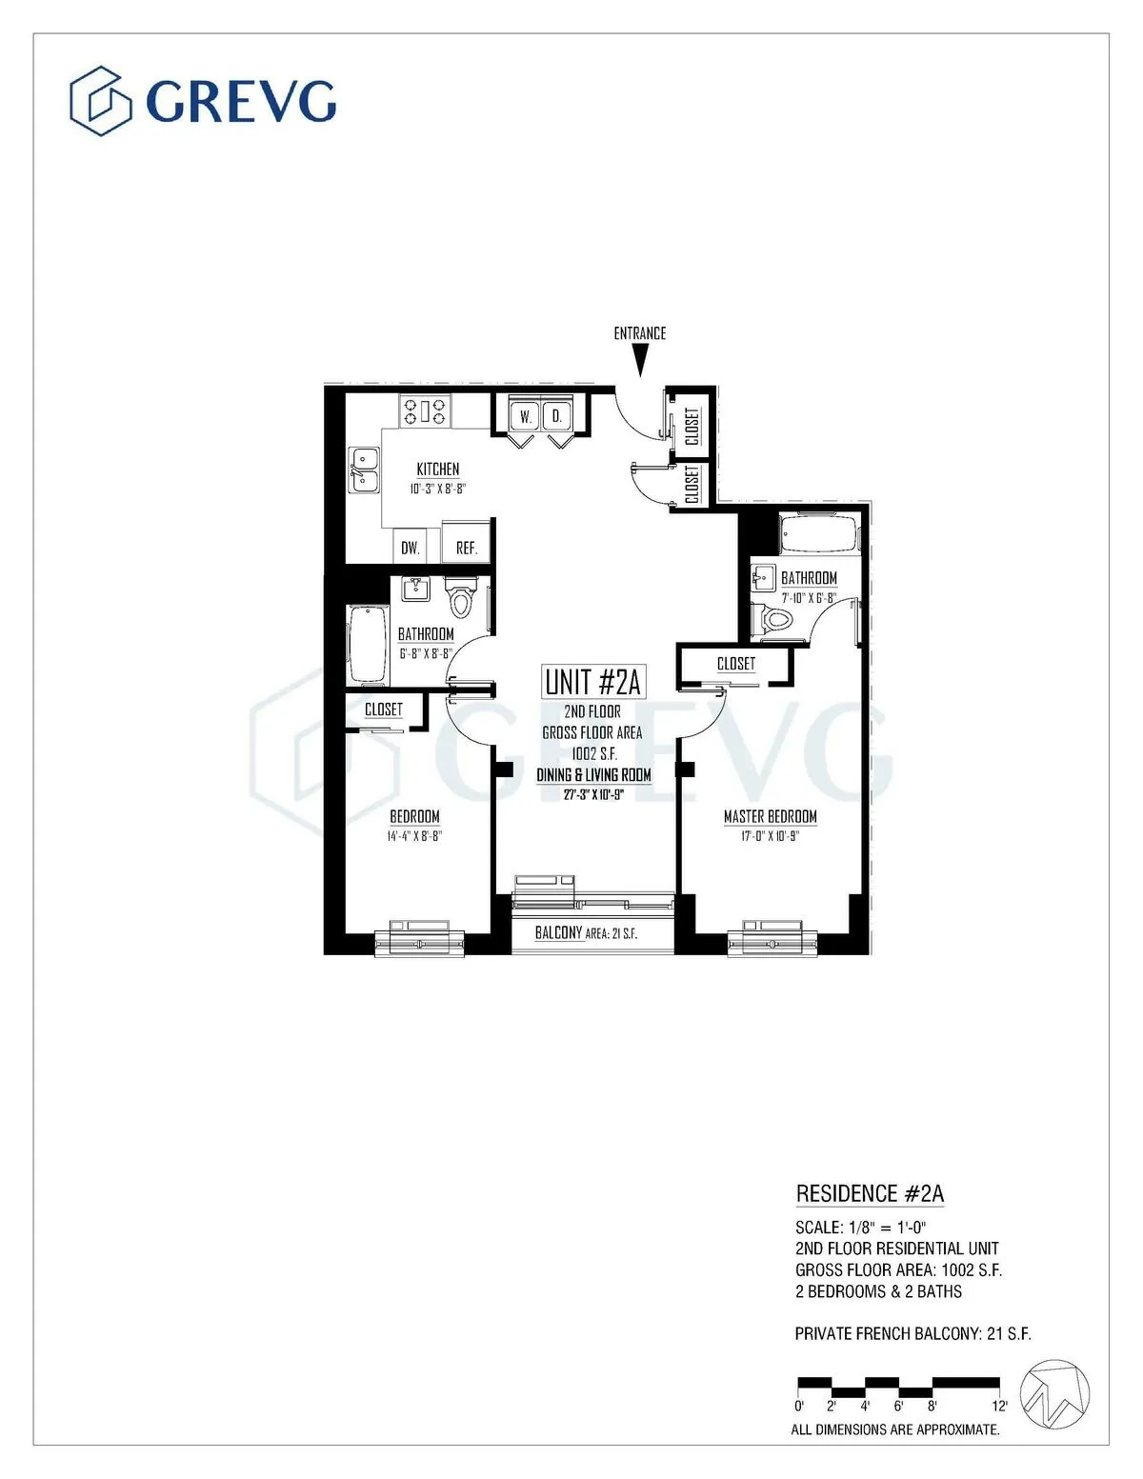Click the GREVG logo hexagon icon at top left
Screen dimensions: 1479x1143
[x=100, y=100]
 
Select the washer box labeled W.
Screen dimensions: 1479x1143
[x=525, y=416]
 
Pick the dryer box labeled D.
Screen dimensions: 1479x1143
[x=557, y=416]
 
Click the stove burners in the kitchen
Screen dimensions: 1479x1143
[x=425, y=410]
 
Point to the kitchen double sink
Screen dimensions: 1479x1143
[x=364, y=470]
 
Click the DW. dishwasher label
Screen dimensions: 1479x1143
[x=410, y=548]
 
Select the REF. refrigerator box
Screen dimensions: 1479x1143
[x=466, y=548]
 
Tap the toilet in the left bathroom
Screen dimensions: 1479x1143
[x=460, y=599]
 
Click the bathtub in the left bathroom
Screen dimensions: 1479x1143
[x=367, y=645]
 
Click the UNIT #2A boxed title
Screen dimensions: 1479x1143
[x=592, y=682]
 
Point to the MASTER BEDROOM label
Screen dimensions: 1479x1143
[x=770, y=816]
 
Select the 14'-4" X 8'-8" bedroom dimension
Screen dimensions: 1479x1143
[x=414, y=836]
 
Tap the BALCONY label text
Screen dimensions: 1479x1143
[x=558, y=932]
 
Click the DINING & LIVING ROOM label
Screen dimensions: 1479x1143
[x=593, y=775]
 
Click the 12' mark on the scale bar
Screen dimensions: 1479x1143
[x=998, y=1406]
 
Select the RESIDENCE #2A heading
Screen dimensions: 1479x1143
[x=870, y=1194]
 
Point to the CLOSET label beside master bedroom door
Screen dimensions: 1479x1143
[x=735, y=664]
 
